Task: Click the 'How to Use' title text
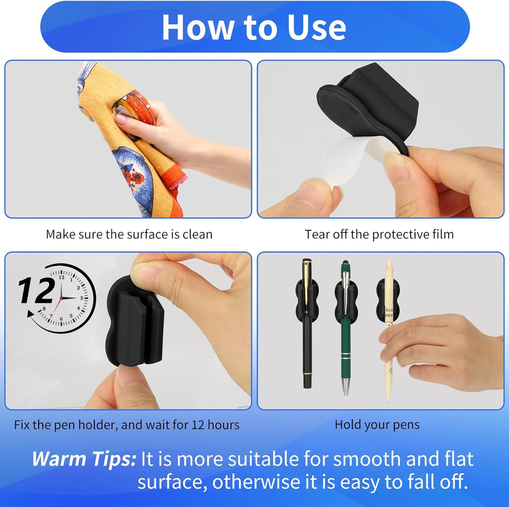tap(254, 27)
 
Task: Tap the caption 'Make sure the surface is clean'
tap(129, 234)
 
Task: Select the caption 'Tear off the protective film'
tap(379, 234)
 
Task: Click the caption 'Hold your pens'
tap(377, 424)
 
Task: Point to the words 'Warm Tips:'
tap(84, 459)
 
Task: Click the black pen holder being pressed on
tap(135, 323)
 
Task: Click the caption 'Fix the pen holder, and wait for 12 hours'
tap(127, 425)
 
